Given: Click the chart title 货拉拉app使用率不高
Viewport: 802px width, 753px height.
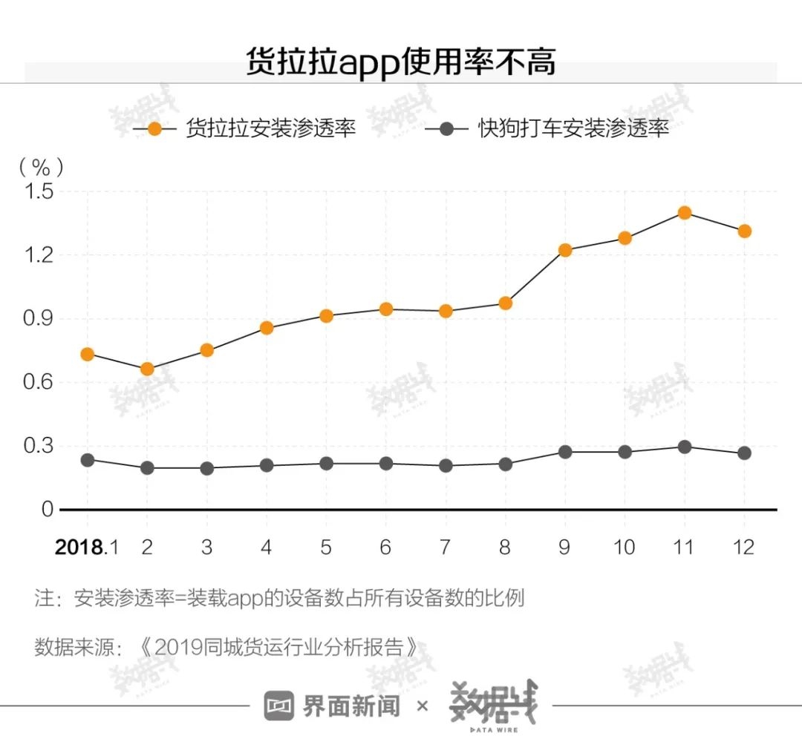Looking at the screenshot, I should pos(401,62).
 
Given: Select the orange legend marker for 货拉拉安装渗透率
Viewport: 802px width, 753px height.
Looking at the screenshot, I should pos(155,128).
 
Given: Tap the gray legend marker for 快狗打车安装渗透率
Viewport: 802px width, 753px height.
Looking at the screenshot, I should pos(446,128).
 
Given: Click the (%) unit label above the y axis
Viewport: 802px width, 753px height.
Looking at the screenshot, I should pos(41,166).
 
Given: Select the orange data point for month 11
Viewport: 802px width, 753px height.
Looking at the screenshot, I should pos(684,213).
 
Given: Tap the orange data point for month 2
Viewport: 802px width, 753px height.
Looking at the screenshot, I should pos(147,369).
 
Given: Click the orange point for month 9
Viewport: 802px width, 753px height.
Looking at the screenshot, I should pos(565,250).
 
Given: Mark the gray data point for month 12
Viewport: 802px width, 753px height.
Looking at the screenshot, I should pos(744,453).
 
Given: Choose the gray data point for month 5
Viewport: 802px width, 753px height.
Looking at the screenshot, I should pos(326,463).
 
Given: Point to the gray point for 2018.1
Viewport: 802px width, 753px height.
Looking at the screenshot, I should pos(87,460).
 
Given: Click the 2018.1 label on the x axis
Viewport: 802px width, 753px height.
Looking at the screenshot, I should pos(87,548).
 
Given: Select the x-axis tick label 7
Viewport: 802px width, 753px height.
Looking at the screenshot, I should pos(446,548).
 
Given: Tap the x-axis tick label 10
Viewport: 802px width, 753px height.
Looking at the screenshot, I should pos(625,548).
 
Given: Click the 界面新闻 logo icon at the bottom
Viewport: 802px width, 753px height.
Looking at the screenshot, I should pos(279,706).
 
